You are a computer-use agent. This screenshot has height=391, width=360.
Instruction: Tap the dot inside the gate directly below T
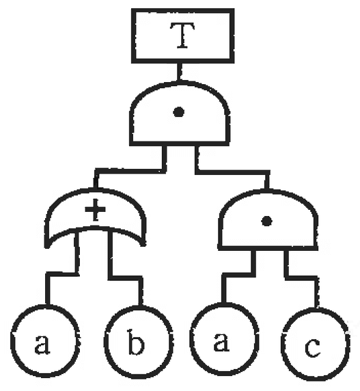point(178,112)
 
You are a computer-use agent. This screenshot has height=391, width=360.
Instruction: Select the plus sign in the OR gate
point(95,209)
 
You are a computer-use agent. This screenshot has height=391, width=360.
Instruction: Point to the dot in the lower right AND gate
point(266,221)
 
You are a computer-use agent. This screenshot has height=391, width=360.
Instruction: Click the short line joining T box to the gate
point(179,72)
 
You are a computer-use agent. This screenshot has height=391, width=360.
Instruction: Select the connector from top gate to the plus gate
point(130,171)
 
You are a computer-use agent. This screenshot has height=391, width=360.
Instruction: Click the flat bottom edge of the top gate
point(179,144)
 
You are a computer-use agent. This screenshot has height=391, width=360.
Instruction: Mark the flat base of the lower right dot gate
point(268,247)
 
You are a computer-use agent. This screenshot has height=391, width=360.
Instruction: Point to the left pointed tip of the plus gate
point(47,247)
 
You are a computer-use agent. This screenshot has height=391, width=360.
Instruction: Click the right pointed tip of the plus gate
point(143,245)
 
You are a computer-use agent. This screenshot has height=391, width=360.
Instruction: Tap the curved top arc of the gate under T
point(178,83)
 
